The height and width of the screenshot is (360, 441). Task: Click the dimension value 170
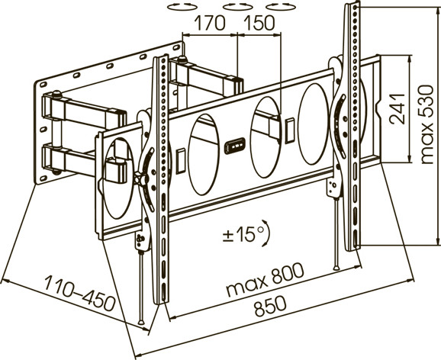[x=210, y=23]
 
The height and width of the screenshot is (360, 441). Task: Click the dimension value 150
[x=259, y=23]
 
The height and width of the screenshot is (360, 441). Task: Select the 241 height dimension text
[x=398, y=109]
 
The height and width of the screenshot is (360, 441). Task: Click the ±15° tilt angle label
[x=243, y=234]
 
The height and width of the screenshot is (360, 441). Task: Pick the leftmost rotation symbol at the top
[x=182, y=6]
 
